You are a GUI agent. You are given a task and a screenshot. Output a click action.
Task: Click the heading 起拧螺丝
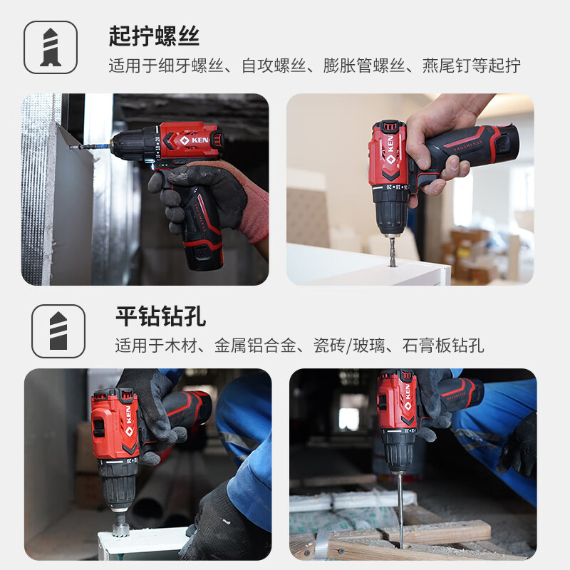154,36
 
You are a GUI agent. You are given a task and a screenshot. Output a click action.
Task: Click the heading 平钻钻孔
161,316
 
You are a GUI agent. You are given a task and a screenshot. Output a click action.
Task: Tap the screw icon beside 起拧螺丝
51,47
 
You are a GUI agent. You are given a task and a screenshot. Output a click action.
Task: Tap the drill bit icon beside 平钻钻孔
58,331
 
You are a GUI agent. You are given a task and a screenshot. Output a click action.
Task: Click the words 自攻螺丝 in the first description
274,66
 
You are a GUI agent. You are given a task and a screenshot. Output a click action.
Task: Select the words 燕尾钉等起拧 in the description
471,66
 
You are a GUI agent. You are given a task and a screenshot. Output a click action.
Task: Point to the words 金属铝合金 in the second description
255,346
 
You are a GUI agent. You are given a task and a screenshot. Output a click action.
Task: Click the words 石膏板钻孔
443,346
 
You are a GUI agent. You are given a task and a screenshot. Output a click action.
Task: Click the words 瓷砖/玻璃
349,346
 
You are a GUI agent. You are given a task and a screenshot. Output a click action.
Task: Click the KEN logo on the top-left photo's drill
194,140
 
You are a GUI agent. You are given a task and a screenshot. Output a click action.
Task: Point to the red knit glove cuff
254,212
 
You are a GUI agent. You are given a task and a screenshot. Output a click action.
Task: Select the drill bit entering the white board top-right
393,251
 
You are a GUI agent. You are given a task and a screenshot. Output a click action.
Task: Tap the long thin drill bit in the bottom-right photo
400,509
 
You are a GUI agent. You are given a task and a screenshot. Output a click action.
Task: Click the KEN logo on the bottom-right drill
408,398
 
